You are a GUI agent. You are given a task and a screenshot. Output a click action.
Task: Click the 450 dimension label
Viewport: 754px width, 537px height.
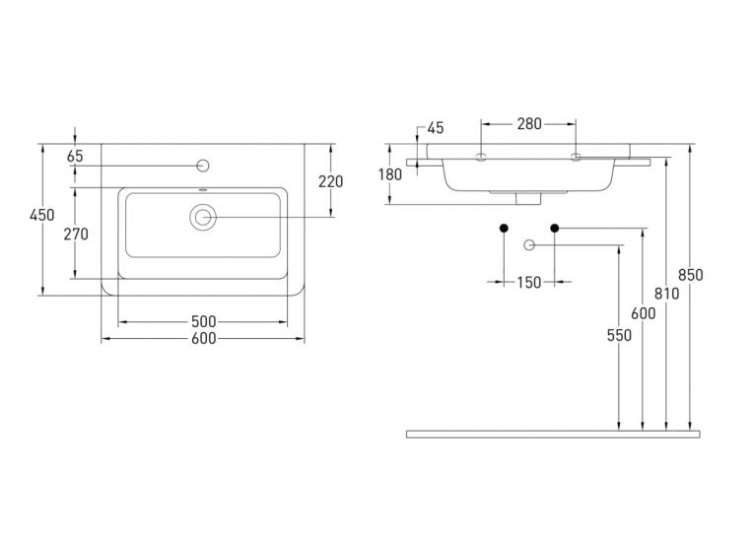click(x=42, y=215)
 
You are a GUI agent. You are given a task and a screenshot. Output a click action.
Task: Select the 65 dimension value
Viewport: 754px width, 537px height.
click(x=76, y=156)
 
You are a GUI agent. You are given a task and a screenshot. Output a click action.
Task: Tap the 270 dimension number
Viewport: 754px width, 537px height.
click(x=76, y=235)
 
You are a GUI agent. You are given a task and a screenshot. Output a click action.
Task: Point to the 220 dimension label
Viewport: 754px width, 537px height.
click(x=331, y=181)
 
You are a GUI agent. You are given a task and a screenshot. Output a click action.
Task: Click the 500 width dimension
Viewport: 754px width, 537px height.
click(x=203, y=321)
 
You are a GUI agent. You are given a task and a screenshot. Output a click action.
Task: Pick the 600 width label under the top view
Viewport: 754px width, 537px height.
click(x=203, y=338)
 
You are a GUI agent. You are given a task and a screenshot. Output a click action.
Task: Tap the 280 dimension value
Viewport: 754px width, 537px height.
click(x=529, y=123)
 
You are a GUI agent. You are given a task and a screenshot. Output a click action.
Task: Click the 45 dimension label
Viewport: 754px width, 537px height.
click(x=436, y=128)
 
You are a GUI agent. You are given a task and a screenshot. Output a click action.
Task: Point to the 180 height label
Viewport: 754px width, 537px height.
click(x=389, y=174)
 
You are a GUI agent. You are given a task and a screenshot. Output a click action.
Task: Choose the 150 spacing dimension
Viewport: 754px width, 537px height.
click(x=529, y=282)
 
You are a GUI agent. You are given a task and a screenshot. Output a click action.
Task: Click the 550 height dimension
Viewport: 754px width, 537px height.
click(x=619, y=335)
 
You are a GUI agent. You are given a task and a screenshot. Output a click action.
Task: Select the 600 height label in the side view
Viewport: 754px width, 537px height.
click(x=643, y=313)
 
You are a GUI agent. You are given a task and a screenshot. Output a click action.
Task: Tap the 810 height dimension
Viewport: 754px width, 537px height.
click(x=666, y=294)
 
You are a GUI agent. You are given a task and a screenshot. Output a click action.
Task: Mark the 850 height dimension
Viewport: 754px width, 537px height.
click(x=691, y=275)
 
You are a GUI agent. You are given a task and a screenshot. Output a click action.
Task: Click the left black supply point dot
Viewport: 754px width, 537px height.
click(x=504, y=228)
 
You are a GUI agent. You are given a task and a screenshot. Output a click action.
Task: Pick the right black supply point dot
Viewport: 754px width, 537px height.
click(x=555, y=228)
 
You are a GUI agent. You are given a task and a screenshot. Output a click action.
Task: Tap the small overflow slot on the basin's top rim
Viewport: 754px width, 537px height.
click(x=203, y=190)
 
